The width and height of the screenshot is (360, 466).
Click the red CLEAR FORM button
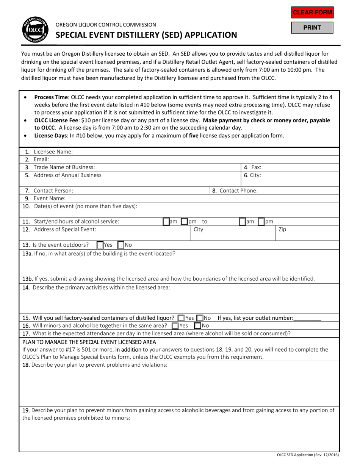[x=312, y=13]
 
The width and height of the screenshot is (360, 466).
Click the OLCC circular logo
[x=34, y=30]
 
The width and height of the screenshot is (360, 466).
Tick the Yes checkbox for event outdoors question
[x=100, y=245]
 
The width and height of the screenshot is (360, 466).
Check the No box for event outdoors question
[x=121, y=245]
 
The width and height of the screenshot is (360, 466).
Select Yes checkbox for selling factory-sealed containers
[x=181, y=318]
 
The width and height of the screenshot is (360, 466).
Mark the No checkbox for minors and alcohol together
[x=197, y=325]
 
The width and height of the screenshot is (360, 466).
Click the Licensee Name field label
[x=53, y=152]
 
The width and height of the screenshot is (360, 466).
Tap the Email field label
[x=41, y=160]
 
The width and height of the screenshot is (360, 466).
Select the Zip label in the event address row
[x=282, y=229]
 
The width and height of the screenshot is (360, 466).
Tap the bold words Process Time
[x=52, y=97]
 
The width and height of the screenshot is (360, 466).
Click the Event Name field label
[x=49, y=198]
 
